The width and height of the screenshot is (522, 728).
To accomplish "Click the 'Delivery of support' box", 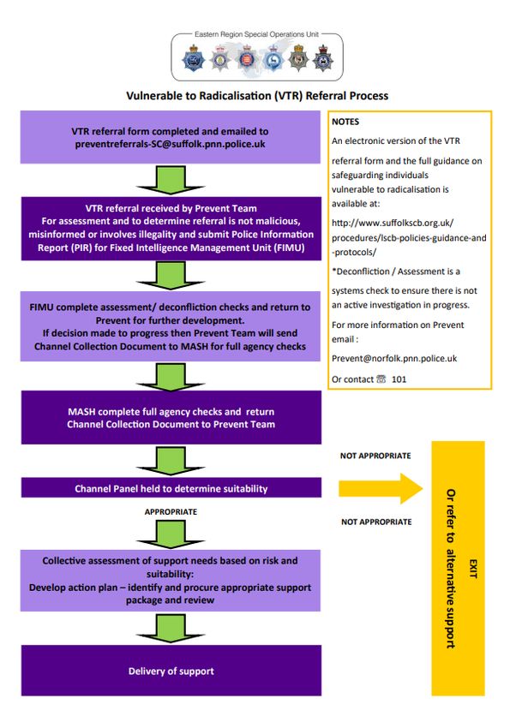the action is click(x=171, y=670).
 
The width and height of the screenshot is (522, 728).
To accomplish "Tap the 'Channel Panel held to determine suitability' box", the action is click(x=171, y=487).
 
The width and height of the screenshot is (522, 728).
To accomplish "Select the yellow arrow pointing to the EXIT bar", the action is click(x=381, y=488).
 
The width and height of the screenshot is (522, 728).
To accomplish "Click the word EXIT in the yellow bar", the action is click(x=473, y=569).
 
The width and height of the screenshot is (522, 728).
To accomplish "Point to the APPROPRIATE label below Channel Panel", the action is click(x=171, y=511).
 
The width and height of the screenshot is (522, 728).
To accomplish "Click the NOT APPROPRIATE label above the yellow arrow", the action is click(x=375, y=456).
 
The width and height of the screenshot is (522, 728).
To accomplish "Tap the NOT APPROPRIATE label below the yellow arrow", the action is click(x=376, y=522).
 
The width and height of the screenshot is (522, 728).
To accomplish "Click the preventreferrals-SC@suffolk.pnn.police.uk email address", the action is click(x=170, y=144).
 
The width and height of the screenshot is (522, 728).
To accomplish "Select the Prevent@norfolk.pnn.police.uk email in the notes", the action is click(x=394, y=358).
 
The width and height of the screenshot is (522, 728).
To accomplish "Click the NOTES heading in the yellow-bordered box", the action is click(x=345, y=122).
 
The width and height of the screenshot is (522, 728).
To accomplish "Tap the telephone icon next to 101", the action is click(x=381, y=379).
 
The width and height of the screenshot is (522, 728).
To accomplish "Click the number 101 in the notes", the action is click(x=399, y=379).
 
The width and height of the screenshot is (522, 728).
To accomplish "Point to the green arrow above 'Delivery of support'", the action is click(x=171, y=628).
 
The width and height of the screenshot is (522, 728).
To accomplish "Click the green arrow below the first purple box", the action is click(x=171, y=180).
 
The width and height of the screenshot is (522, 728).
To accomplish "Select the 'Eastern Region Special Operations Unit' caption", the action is click(x=256, y=34).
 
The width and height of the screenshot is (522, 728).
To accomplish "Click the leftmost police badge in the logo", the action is click(x=193, y=58).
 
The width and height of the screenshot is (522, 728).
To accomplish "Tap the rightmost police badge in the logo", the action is click(x=323, y=58).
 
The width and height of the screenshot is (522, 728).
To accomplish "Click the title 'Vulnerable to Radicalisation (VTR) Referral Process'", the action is click(x=257, y=96).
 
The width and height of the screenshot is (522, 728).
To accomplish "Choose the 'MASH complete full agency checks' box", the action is click(x=171, y=417).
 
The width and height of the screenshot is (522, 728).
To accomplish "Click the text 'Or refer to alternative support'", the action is click(x=450, y=569).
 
